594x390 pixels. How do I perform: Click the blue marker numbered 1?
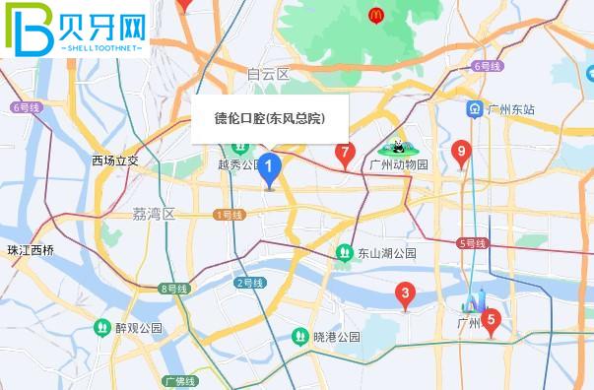coord(269,170)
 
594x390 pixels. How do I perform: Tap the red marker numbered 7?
coord(344,153)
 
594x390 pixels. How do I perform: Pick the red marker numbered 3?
coord(403,293)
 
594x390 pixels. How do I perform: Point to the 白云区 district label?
coord(268,75)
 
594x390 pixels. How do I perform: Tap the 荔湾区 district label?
coord(153,214)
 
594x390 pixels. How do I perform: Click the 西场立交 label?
coord(115,161)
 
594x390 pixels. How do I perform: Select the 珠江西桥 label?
coord(30,250)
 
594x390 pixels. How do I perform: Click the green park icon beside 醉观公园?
coord(101,327)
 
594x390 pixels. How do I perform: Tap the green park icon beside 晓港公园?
coord(299,337)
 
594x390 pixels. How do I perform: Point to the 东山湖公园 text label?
coord(387,253)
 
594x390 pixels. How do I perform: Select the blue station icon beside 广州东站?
coord(475,109)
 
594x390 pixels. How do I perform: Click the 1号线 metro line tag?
coord(228,214)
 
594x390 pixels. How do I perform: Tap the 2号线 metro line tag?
coord(250,283)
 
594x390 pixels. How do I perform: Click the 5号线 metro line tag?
coord(472,242)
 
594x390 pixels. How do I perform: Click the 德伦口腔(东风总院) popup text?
coord(270,119)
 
